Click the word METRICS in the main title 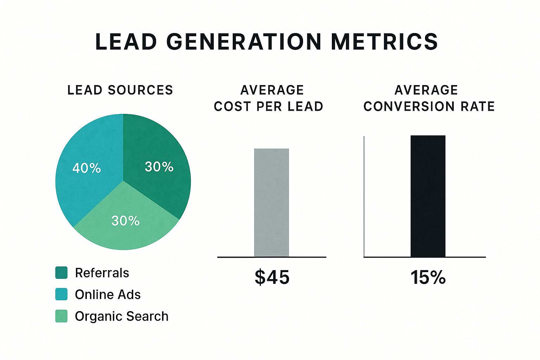[385, 41]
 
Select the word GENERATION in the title [244, 41]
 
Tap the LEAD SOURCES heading [120, 90]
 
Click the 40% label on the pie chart [86, 168]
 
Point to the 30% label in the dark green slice [159, 167]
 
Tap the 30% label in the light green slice [126, 221]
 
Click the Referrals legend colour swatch [61, 273]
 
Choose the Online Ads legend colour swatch [61, 294]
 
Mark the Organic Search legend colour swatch [61, 316]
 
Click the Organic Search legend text [122, 316]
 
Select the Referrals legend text [102, 273]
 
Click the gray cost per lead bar [271, 202]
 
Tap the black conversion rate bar [428, 196]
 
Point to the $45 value [272, 277]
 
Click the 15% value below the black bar [428, 277]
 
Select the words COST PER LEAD [269, 107]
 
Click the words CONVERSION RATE [429, 107]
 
